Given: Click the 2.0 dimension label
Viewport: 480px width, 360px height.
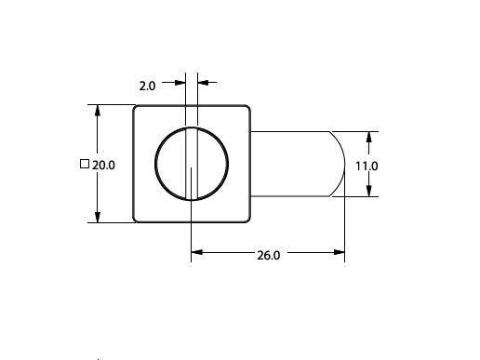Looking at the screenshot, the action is coord(147,86).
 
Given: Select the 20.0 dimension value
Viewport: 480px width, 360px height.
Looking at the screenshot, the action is coord(103,166).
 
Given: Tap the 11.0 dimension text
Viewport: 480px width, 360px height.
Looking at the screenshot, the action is coord(367,167).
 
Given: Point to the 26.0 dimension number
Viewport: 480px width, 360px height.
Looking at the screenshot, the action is coord(269,256).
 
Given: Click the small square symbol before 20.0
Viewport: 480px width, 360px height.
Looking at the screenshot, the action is coord(85,164).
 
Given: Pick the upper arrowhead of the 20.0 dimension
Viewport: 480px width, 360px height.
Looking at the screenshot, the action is coord(98,111).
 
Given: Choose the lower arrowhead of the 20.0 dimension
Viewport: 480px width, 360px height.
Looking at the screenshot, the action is coord(98,217).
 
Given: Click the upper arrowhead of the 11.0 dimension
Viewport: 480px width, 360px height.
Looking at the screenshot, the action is coord(368,138).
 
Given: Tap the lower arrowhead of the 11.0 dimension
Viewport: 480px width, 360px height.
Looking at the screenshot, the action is coord(368,191).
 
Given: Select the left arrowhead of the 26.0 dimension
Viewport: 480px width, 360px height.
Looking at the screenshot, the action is coord(197,252).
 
